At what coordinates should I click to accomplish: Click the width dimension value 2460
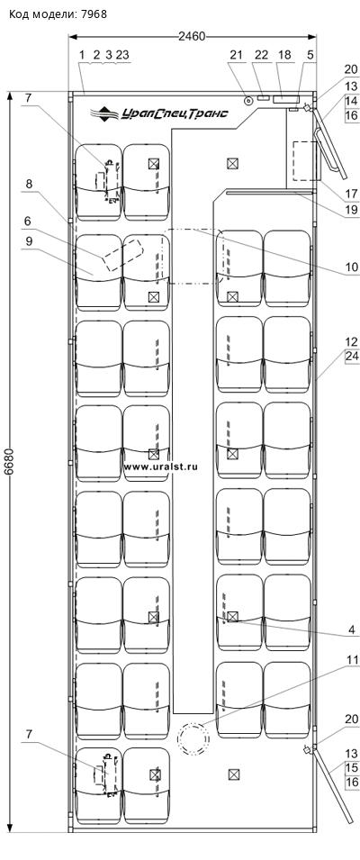192,37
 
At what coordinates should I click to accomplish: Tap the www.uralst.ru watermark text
160,466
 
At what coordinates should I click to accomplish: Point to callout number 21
236,56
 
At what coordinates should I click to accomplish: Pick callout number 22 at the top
261,56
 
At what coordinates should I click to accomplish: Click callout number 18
284,56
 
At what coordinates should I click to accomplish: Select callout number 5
310,56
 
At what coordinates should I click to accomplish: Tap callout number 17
351,192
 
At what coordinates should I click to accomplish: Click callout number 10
351,267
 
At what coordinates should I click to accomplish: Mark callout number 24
351,356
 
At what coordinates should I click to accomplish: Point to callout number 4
352,629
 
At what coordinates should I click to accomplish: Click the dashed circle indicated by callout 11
192,739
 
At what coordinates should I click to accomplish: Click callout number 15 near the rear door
351,766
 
